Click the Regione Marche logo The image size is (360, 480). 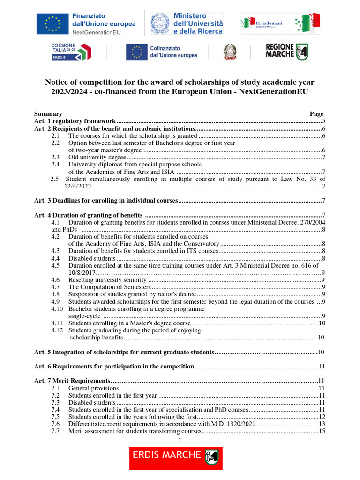[287, 52]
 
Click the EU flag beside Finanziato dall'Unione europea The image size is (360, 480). [52, 23]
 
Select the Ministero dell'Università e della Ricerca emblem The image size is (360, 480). [160, 23]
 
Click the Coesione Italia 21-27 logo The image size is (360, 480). [71, 52]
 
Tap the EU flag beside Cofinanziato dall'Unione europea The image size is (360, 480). [136, 52]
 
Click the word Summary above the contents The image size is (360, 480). [48, 114]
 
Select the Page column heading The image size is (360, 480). [316, 114]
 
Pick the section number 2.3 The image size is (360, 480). [55, 157]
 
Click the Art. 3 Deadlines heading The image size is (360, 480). [106, 201]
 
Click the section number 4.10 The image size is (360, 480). [57, 309]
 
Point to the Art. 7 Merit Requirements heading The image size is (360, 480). [73, 381]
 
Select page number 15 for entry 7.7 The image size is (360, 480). [322, 431]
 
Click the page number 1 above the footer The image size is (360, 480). [180, 440]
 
